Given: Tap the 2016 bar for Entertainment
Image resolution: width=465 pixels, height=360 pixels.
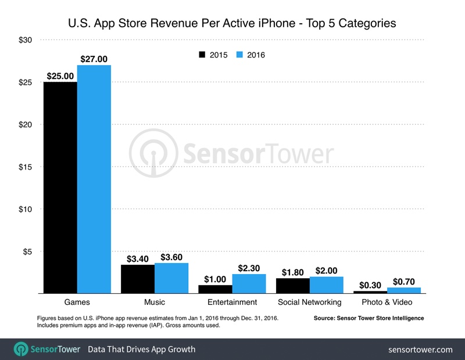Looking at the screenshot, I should click(249, 283).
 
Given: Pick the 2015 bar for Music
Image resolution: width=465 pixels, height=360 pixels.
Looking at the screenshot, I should click(137, 279).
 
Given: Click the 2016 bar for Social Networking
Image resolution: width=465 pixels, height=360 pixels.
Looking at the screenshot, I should click(326, 285).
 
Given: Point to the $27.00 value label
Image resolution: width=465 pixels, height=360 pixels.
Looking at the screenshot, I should click(94, 59).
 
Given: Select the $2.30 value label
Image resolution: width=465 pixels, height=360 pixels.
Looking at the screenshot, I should click(249, 268).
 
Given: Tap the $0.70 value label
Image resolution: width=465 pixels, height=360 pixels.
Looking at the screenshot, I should click(403, 281).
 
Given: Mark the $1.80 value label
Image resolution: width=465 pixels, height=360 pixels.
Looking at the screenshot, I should click(292, 271).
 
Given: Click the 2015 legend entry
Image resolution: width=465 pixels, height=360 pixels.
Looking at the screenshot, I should click(213, 55).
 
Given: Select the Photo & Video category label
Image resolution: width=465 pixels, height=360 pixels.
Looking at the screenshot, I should click(387, 302).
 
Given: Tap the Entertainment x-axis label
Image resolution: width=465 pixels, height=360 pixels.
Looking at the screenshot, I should click(232, 302).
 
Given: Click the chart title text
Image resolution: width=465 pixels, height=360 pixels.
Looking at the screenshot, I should click(233, 24).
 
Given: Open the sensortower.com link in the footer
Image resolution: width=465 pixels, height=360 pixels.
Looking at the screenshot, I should click(420, 349).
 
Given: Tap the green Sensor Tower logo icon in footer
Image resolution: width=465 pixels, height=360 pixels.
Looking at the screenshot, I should click(22, 349).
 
